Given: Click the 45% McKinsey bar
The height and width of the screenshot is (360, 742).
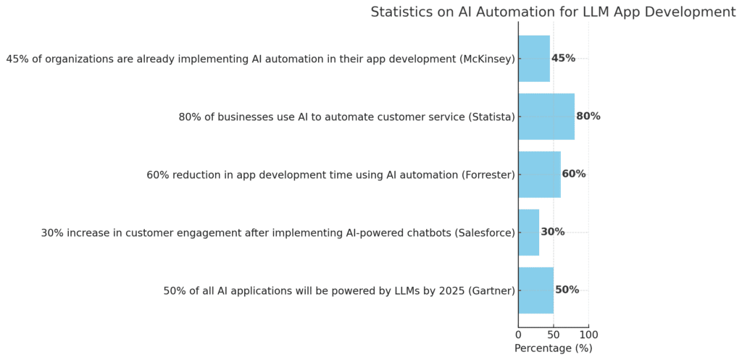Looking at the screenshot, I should [x=534, y=59].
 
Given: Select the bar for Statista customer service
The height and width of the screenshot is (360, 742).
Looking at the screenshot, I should [x=546, y=117].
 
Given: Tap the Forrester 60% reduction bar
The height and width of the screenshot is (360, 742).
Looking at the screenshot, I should [x=539, y=175].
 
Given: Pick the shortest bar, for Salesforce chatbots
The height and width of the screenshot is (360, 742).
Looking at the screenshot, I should [x=529, y=233].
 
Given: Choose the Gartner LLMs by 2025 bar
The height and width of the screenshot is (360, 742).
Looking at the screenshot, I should [x=536, y=290].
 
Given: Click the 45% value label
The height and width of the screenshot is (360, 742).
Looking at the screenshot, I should [x=563, y=59].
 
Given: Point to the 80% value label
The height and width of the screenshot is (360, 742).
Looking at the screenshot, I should [x=588, y=117].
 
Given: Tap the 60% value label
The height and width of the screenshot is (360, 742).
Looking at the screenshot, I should [x=574, y=175].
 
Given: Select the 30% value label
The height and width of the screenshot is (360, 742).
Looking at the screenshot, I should [x=553, y=233].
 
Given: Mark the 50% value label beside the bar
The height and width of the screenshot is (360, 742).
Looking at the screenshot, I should [x=567, y=290].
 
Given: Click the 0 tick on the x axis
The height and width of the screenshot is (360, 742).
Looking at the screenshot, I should [x=518, y=335].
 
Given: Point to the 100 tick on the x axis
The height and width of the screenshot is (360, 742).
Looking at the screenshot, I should [x=588, y=335].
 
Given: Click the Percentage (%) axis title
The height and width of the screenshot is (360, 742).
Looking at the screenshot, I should [x=553, y=348].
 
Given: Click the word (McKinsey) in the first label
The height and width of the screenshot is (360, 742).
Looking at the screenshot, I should [x=488, y=59].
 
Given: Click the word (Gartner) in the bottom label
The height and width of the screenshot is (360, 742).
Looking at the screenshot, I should [x=492, y=290].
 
